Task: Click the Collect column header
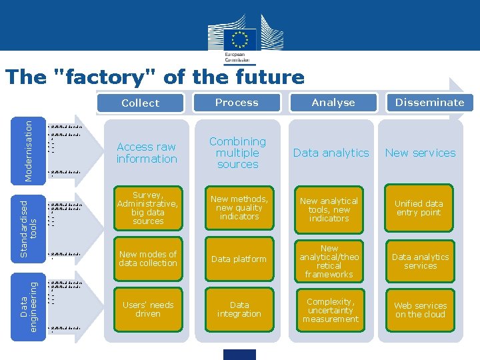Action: pyautogui.click(x=140, y=103)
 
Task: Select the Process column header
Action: pyautogui.click(x=237, y=103)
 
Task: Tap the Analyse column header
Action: pyautogui.click(x=333, y=103)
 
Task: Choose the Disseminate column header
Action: pyautogui.click(x=429, y=103)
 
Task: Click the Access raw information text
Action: pyautogui.click(x=147, y=153)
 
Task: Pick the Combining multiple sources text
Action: pyautogui.click(x=237, y=153)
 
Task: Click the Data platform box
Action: pyautogui.click(x=239, y=259)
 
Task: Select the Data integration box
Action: pyautogui.click(x=239, y=309)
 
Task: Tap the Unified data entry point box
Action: pyautogui.click(x=419, y=208)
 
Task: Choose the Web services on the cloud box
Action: pyautogui.click(x=420, y=310)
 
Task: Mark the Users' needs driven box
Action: pyautogui.click(x=148, y=309)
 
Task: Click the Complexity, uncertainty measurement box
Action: pyautogui.click(x=330, y=310)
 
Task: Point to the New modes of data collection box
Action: pyautogui.click(x=148, y=259)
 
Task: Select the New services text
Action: pyautogui.click(x=420, y=153)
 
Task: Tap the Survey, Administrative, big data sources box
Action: pyautogui.click(x=148, y=208)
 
